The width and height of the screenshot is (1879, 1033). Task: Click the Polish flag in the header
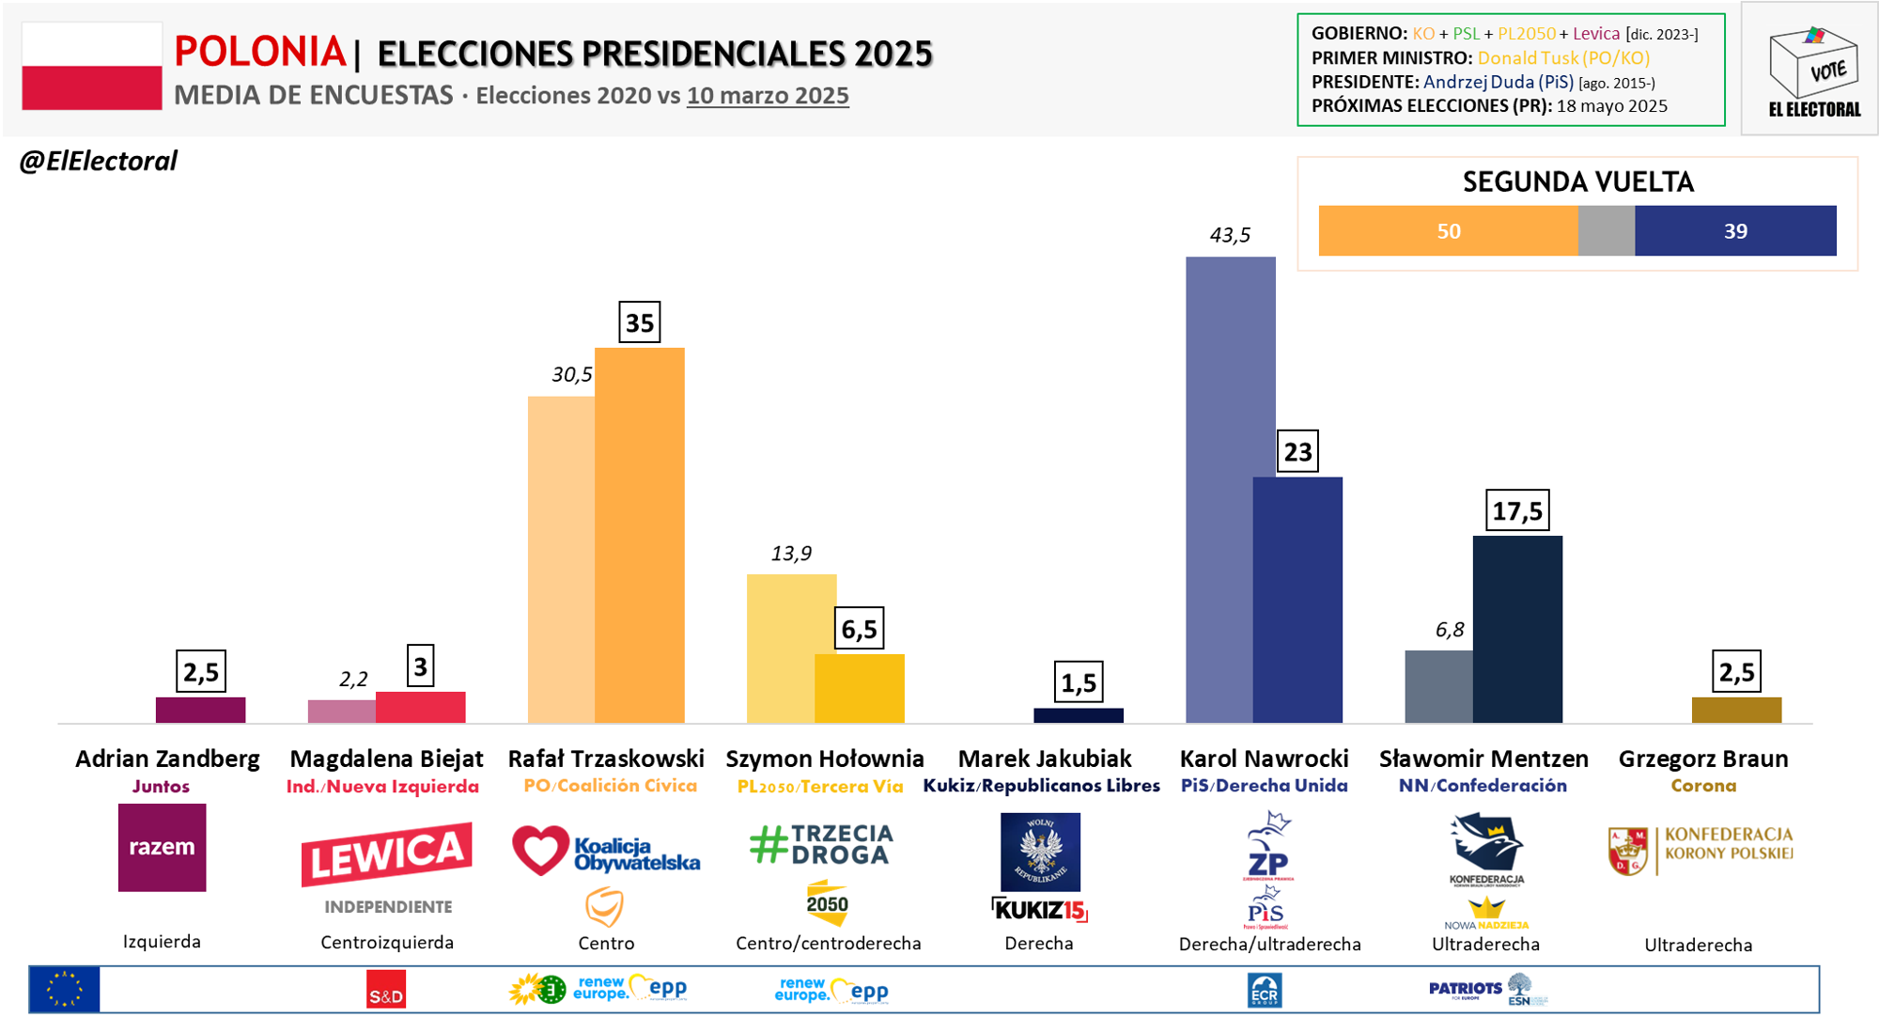tap(91, 66)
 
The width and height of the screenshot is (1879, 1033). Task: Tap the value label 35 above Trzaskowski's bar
tap(640, 322)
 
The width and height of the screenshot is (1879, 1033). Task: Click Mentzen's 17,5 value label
tap(1517, 511)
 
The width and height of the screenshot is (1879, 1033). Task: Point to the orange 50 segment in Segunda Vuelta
tap(1448, 231)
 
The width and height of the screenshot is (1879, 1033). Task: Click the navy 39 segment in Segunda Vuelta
tap(1735, 231)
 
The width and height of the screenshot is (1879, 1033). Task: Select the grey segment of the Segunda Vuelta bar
tap(1606, 231)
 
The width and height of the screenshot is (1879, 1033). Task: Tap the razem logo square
tap(162, 847)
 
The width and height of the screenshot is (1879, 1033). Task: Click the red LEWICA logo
tap(386, 853)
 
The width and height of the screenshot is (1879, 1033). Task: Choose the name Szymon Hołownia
tap(825, 759)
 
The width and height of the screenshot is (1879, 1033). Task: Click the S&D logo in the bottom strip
tap(385, 990)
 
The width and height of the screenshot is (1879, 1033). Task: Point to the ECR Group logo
tap(1265, 991)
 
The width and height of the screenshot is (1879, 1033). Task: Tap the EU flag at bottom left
tap(64, 990)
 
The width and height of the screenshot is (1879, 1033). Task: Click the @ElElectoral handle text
tap(99, 162)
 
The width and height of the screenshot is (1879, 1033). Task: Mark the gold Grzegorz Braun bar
tap(1736, 710)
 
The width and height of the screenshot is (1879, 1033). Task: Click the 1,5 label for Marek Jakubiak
tap(1079, 683)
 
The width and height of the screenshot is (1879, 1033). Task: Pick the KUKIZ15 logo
tap(1039, 909)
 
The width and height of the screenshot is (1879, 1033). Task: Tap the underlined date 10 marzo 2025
tap(768, 96)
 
